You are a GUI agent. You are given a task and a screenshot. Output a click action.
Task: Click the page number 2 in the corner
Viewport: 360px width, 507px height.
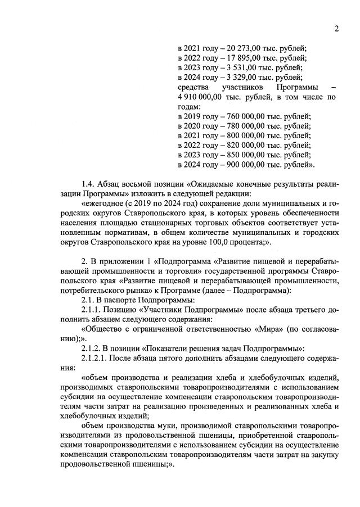point(335,29)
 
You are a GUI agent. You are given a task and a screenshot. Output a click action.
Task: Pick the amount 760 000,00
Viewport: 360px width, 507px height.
point(241,117)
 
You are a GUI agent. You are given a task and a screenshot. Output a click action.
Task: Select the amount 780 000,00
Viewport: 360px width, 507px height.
point(241,128)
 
